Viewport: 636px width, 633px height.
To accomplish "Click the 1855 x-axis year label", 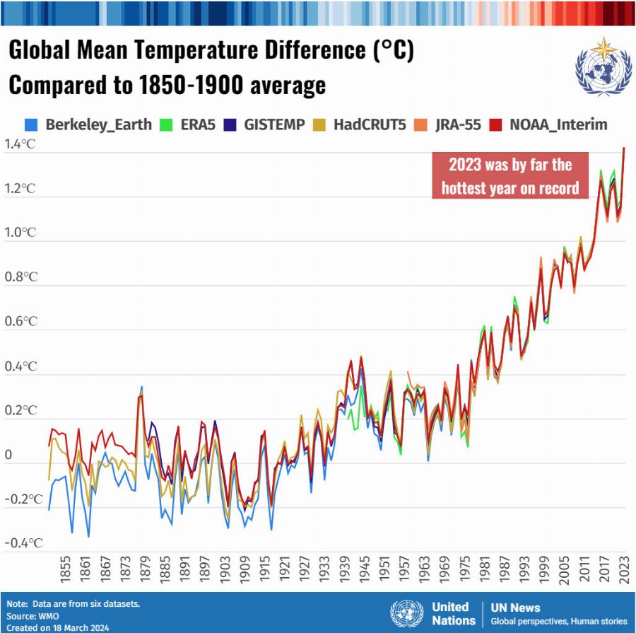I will pyautogui.click(x=66, y=571).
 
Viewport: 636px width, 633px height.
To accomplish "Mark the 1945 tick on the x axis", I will pyautogui.click(x=363, y=571).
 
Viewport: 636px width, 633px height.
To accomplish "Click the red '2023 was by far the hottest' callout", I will pyautogui.click(x=511, y=176).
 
